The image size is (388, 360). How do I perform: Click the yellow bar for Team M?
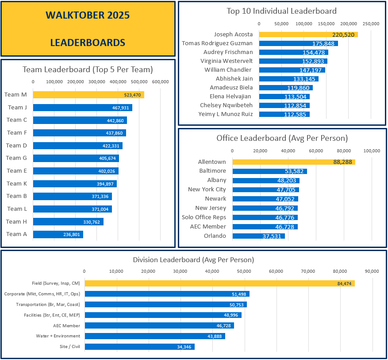pos(88,95)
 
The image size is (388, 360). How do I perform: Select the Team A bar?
pos(58,234)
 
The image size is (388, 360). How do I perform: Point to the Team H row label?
pos(16,221)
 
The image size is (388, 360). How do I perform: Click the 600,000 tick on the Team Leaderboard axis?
pos(160,81)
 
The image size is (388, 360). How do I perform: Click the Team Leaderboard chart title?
pos(88,69)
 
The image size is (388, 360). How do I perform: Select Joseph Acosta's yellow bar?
pos(308,34)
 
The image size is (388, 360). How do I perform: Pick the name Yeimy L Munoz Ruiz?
pos(226,114)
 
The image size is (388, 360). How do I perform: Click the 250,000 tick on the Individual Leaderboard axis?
pos(371,23)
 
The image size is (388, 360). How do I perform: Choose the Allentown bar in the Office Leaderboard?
pos(293,162)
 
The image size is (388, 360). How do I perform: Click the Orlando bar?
pos(258,236)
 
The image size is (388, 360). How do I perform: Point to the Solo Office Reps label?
pos(204,217)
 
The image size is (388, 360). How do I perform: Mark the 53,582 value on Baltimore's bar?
pos(295,171)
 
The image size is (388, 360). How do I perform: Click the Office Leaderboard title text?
pos(282,138)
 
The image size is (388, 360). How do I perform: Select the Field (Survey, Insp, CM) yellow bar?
pos(219,283)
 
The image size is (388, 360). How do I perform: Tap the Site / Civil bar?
pos(139,347)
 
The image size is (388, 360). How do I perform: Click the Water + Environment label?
pos(58,336)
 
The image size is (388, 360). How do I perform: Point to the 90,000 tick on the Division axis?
pos(372,271)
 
